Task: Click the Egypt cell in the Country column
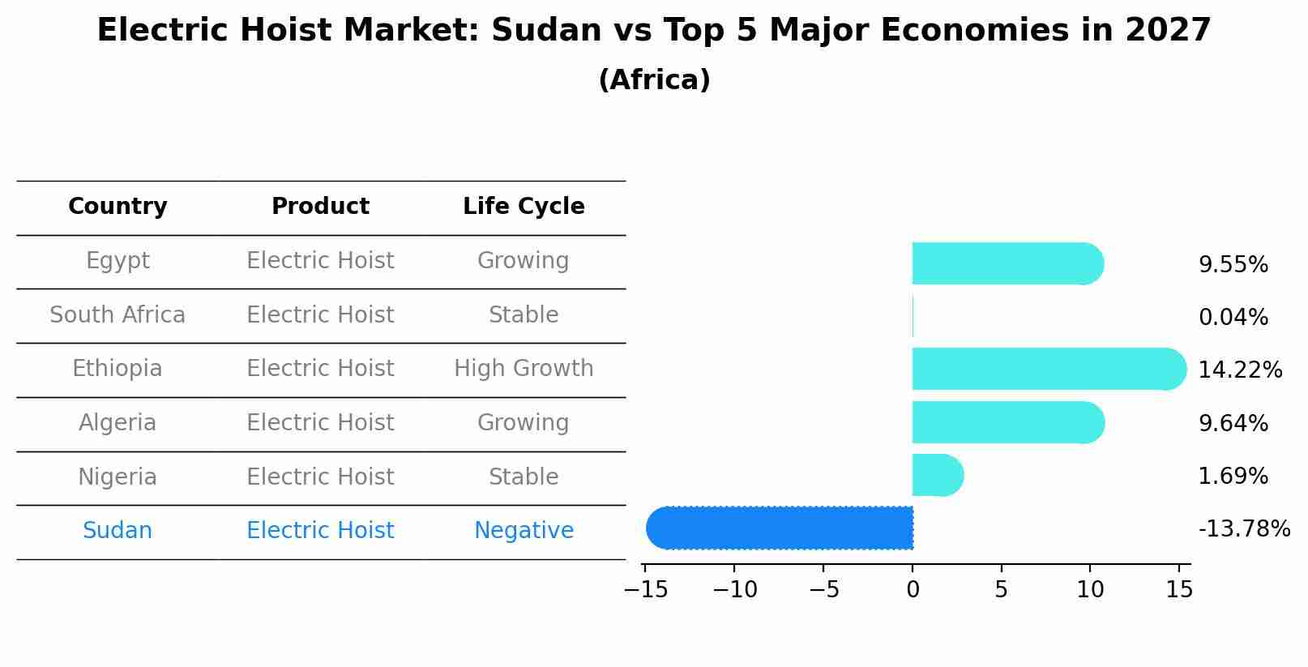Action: click(118, 261)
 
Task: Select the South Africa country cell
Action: click(118, 315)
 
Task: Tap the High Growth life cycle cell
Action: click(524, 369)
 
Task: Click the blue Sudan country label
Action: click(118, 531)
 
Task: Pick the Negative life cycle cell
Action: click(524, 531)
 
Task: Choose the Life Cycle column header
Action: click(524, 207)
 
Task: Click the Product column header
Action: click(320, 207)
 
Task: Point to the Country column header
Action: click(118, 207)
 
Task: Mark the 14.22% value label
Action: click(1240, 370)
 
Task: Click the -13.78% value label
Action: click(1244, 529)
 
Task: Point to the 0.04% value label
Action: click(1233, 318)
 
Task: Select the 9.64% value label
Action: click(1233, 423)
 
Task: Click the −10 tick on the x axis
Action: click(734, 590)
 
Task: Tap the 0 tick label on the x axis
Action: click(913, 590)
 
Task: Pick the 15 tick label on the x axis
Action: click(1179, 590)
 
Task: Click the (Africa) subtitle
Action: click(654, 80)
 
